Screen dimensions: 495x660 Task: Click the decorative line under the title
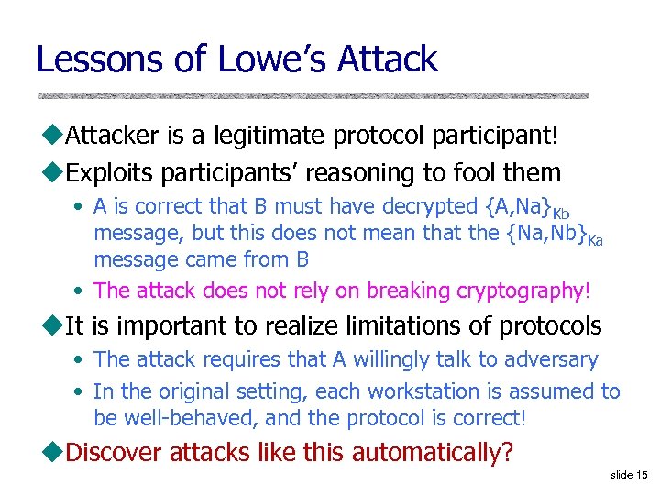(x=312, y=95)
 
